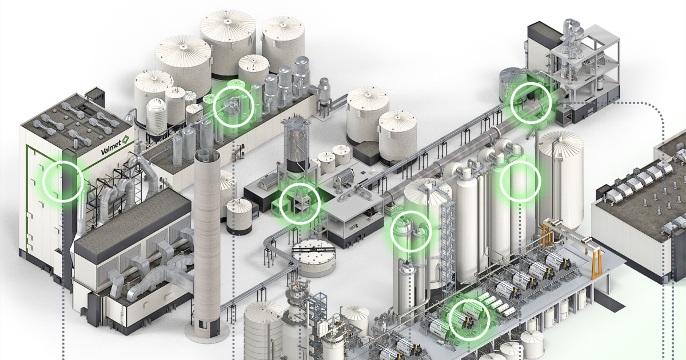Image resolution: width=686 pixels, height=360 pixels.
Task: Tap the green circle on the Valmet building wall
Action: pyautogui.click(x=63, y=181)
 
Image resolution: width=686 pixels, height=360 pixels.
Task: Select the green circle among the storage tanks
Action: pyautogui.click(x=233, y=107)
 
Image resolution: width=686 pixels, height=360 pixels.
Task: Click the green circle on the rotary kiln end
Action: pyautogui.click(x=531, y=102)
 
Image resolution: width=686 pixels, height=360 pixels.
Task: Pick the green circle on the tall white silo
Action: pyautogui.click(x=520, y=181)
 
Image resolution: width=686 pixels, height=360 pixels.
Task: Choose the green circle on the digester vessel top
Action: pyautogui.click(x=410, y=231)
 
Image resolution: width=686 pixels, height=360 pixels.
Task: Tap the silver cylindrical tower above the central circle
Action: pyautogui.click(x=297, y=140)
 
